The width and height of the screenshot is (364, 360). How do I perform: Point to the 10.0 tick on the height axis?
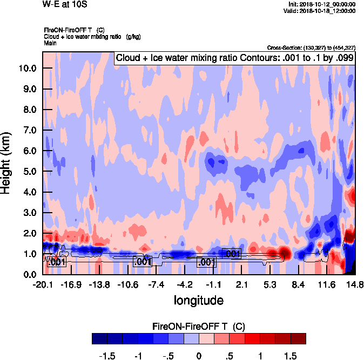pyautogui.click(x=28, y=69)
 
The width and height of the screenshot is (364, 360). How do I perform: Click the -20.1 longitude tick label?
pyautogui.click(x=43, y=284)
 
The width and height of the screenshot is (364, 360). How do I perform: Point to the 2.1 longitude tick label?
pyautogui.click(x=241, y=284)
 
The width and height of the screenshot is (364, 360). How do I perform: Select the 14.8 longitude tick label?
pyautogui.click(x=355, y=284)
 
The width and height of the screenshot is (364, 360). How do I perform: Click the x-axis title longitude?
pyautogui.click(x=198, y=300)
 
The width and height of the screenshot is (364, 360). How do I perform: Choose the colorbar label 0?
pyautogui.click(x=199, y=356)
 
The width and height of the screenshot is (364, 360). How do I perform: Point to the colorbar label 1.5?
pyautogui.click(x=291, y=356)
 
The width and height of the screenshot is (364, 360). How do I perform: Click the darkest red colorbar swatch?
pyautogui.click(x=298, y=338)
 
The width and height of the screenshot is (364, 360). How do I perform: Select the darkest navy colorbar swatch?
pyautogui.click(x=99, y=338)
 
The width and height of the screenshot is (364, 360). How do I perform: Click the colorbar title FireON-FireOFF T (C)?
pyautogui.click(x=199, y=326)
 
